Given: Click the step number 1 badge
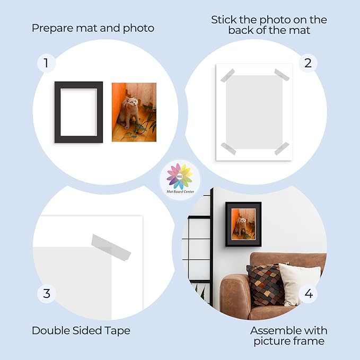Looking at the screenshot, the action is coord(46,63).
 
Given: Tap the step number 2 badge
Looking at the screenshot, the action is coord(308,63).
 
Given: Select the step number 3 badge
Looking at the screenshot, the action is coord(47,294).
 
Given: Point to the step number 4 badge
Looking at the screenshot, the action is coord(309,294).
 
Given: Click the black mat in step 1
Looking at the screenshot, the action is coord(57,112).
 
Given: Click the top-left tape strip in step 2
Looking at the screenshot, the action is coord(227,75).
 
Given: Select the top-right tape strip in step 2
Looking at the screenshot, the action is coord(282,75).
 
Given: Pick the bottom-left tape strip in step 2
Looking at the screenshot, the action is coord(229,149).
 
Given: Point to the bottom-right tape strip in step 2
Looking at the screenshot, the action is coord(282,148).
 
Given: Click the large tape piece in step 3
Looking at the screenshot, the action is coord(111,248).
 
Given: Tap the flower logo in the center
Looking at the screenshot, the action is coord(180,177).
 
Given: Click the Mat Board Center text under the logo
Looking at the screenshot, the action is coord(180,191).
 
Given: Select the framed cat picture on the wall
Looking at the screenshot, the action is coord(243,224).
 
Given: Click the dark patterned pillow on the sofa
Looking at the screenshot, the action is coord(266,284).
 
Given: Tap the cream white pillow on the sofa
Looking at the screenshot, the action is coord(298,284).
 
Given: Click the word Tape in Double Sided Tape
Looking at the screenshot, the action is coord(117,331).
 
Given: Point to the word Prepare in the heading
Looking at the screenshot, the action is coord(52,29).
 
